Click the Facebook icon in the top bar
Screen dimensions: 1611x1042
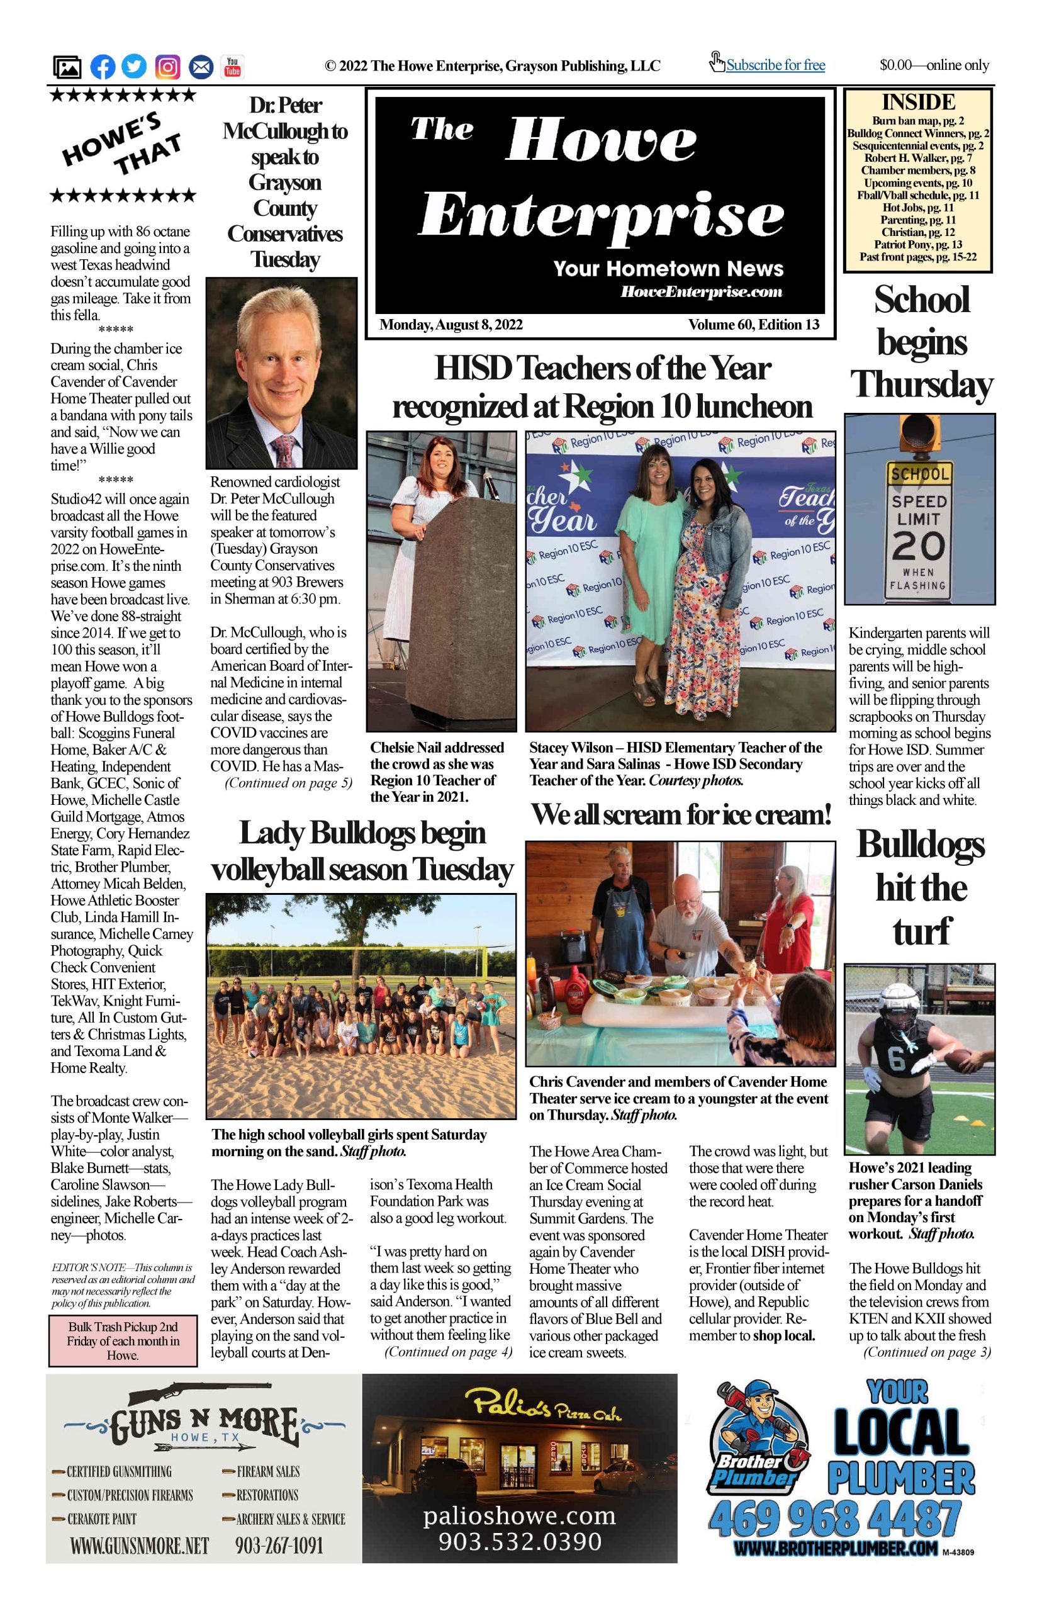click(x=103, y=67)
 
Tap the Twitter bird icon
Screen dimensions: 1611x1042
click(x=135, y=67)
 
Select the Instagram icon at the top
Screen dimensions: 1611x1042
click(x=168, y=67)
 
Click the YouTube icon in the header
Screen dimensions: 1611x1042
click(x=232, y=67)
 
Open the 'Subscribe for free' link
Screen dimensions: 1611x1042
click(x=775, y=65)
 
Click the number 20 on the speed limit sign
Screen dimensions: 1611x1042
click(x=918, y=546)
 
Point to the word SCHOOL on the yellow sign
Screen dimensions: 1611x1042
click(x=919, y=474)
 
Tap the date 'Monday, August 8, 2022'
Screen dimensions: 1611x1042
click(x=451, y=325)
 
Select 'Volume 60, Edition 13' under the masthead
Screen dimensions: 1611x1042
click(x=754, y=325)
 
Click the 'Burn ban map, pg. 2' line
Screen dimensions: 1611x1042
click(x=917, y=121)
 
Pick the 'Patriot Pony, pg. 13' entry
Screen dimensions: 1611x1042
click(x=917, y=244)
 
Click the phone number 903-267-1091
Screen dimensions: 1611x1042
click(x=279, y=1546)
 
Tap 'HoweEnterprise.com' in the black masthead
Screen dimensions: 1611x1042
click(x=701, y=292)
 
